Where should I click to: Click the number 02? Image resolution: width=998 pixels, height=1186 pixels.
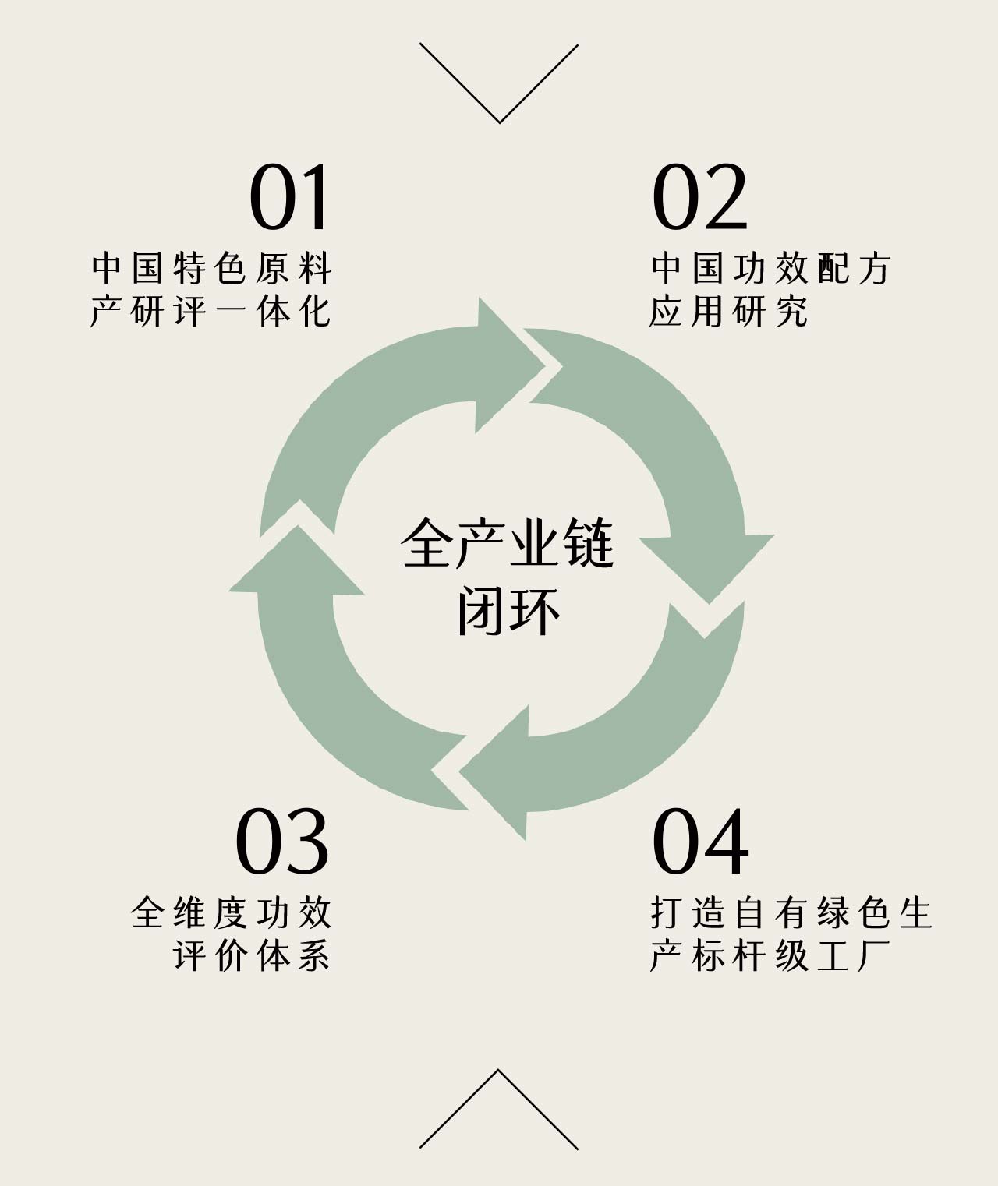(699, 198)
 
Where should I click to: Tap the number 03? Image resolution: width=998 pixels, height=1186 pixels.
(282, 842)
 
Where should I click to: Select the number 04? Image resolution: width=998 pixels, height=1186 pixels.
(699, 842)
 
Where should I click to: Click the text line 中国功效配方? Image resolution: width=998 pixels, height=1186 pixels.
(770, 270)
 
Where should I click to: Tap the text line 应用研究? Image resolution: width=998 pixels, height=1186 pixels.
(728, 312)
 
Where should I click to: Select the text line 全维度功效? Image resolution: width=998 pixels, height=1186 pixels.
(232, 913)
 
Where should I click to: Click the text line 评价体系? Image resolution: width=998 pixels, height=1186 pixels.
(252, 956)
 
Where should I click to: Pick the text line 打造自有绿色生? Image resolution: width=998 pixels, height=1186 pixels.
(791, 913)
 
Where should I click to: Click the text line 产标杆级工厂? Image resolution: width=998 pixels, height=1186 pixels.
(770, 956)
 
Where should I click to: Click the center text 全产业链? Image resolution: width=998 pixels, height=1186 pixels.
(508, 544)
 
